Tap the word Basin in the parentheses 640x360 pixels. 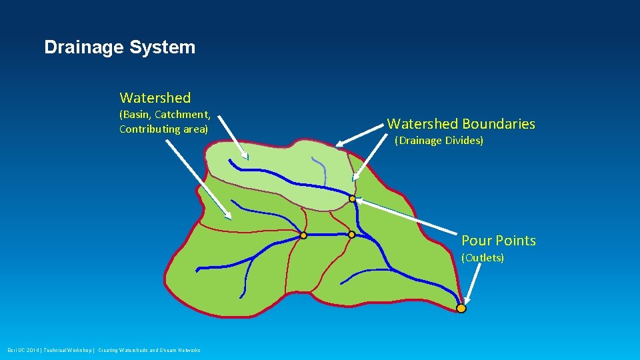[x=136, y=115]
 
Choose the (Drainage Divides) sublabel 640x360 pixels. [x=439, y=141]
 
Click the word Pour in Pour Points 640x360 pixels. [x=475, y=241]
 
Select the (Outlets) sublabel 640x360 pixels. [x=483, y=258]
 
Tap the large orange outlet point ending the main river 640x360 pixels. [x=461, y=308]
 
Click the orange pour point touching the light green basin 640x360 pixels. [x=352, y=199]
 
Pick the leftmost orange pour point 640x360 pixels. [x=303, y=235]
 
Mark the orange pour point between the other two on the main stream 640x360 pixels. [x=351, y=235]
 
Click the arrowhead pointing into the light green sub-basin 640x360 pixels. [x=245, y=156]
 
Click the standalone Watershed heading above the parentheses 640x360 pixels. [x=155, y=98]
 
